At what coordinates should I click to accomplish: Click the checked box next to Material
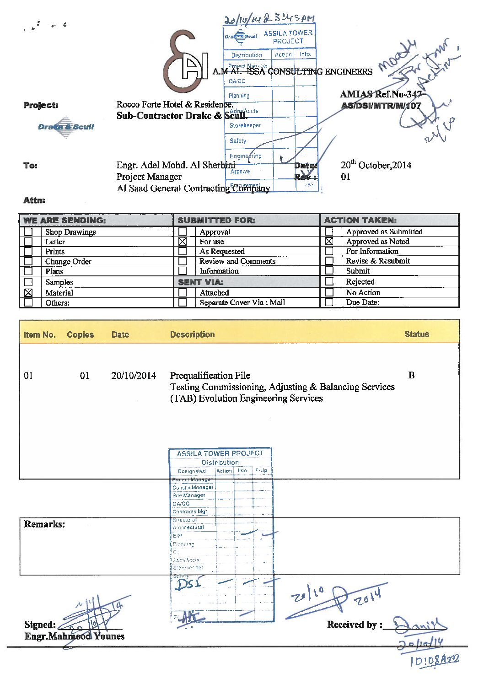click(x=28, y=292)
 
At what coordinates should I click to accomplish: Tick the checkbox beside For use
click(x=183, y=241)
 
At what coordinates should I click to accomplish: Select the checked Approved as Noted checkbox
click(x=329, y=241)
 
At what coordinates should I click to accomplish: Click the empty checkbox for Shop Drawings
click(x=28, y=232)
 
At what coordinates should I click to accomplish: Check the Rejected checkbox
click(x=329, y=281)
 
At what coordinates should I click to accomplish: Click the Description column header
click(x=192, y=334)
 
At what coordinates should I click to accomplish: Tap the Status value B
click(x=411, y=375)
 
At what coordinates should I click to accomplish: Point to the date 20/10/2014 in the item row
click(x=134, y=376)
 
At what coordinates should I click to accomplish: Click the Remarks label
click(x=44, y=524)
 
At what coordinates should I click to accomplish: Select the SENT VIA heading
click(x=200, y=282)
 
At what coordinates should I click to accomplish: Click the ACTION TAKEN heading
click(x=360, y=220)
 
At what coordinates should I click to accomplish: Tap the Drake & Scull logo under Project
click(x=66, y=127)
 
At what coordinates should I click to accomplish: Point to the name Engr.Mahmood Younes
click(x=75, y=636)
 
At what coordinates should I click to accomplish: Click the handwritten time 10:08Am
click(x=434, y=660)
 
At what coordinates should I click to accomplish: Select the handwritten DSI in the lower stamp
click(x=188, y=584)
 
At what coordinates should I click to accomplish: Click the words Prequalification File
click(x=210, y=376)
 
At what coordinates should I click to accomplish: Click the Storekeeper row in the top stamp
click(x=245, y=125)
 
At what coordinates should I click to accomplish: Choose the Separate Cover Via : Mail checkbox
click(x=183, y=302)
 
